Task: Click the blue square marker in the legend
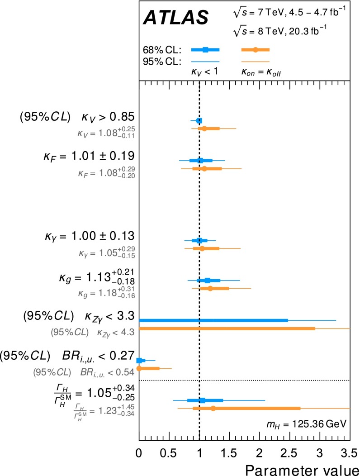[x=205, y=50]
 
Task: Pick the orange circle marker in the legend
[x=256, y=50]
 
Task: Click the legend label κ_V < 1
[x=204, y=71]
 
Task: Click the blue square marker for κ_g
[x=208, y=281]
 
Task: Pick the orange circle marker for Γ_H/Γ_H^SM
[x=213, y=408]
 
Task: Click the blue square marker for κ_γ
[x=199, y=240]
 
